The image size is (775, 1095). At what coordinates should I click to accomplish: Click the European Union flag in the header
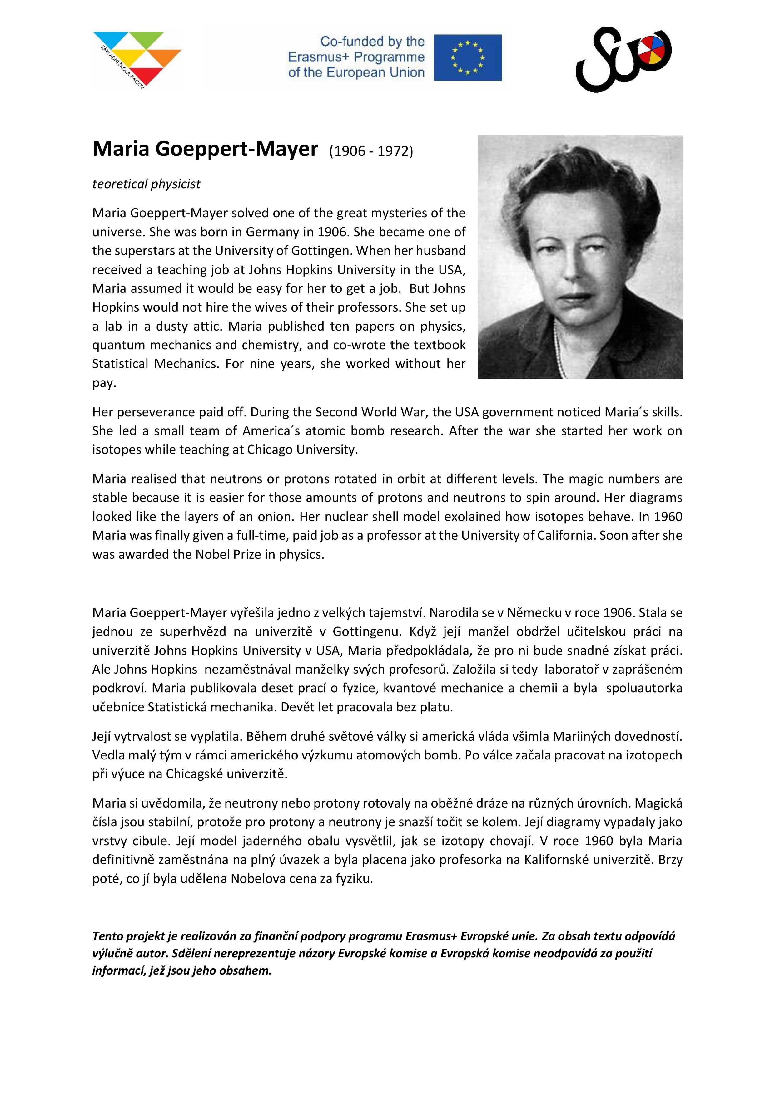[x=468, y=57]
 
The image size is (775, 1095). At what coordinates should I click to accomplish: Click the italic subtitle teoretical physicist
[x=146, y=184]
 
